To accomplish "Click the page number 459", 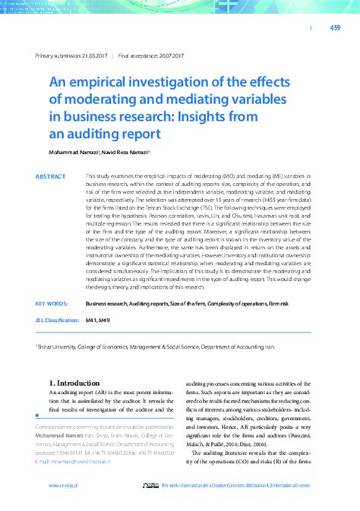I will click(335, 28).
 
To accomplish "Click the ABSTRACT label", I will click(50, 176).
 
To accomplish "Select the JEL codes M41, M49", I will click(99, 320).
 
